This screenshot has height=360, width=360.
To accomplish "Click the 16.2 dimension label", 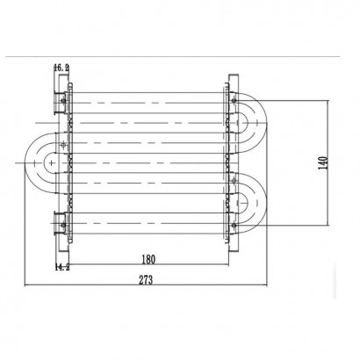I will pyautogui.click(x=61, y=66).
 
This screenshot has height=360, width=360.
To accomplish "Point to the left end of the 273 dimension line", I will pyautogui.click(x=25, y=284).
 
